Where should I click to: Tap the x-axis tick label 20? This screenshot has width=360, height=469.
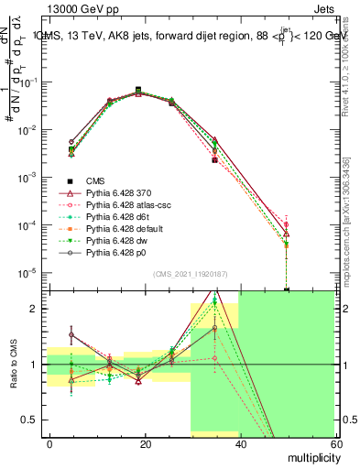[x=145, y=443]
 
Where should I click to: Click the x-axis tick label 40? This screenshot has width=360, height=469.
[x=240, y=443]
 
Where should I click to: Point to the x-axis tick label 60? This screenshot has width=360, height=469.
[x=334, y=443]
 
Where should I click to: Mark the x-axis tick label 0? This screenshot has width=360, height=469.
[x=49, y=443]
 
